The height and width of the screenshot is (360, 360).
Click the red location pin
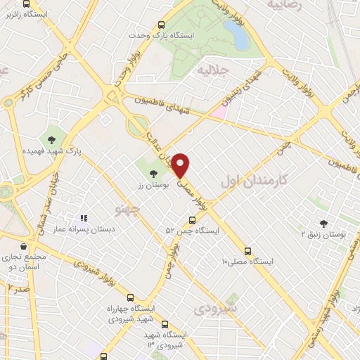(x=181, y=165)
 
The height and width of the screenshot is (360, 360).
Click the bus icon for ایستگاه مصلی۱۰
(x=247, y=250)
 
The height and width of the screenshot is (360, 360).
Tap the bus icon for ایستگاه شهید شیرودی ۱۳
(x=165, y=324)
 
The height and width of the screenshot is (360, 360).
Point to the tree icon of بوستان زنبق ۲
(x=324, y=221)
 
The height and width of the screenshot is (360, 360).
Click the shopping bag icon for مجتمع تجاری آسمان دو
(x=25, y=247)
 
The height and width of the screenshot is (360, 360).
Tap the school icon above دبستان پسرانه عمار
(x=83, y=219)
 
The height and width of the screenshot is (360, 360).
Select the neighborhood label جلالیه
(x=212, y=70)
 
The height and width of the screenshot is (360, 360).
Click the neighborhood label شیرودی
(x=215, y=309)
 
